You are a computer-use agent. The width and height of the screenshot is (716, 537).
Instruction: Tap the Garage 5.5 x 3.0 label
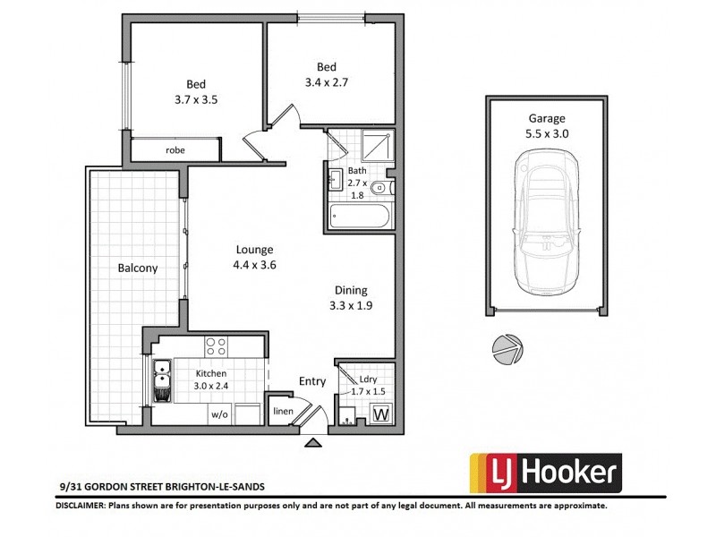tap(547, 125)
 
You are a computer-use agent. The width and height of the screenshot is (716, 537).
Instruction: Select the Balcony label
tap(137, 268)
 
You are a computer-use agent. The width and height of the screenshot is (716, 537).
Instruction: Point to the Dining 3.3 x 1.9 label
tap(351, 297)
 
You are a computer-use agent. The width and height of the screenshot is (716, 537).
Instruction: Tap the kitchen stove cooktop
tap(216, 345)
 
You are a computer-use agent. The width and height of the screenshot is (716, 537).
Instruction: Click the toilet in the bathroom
tap(379, 188)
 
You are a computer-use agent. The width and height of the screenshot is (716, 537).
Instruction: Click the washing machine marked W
tap(379, 414)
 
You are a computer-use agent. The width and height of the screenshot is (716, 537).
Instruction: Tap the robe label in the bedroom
tap(175, 150)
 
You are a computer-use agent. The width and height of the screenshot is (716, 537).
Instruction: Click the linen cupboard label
tap(283, 412)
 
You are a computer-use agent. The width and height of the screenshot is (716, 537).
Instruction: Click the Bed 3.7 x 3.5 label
tap(196, 93)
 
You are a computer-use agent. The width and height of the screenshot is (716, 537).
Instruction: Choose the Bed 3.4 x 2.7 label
tap(326, 74)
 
